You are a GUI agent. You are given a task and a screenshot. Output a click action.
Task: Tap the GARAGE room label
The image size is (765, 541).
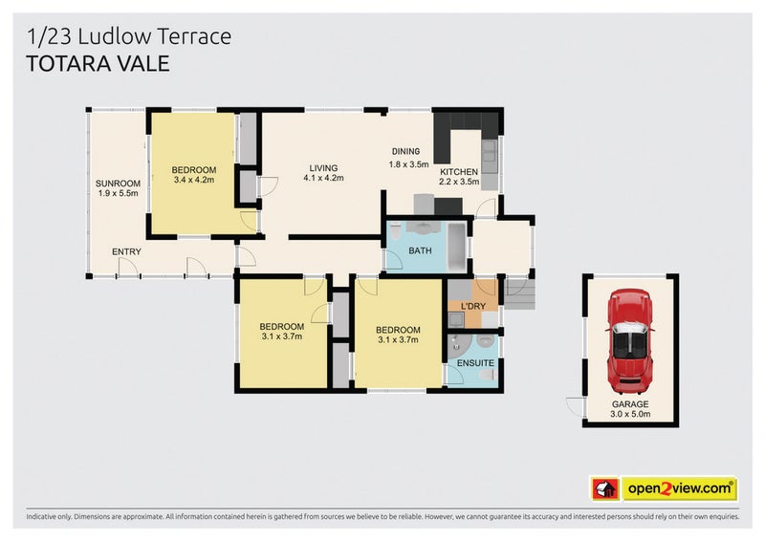630,404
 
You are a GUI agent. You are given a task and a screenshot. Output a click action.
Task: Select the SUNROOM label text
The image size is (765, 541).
118,184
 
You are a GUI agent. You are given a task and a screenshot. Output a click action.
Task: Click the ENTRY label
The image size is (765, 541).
126,252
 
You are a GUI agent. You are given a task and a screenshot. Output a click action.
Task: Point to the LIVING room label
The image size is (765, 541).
323,167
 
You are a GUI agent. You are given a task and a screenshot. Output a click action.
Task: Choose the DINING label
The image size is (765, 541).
405,152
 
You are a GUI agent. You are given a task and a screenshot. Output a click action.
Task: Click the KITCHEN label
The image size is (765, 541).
458,172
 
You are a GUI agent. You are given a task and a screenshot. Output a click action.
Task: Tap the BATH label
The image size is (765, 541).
420,251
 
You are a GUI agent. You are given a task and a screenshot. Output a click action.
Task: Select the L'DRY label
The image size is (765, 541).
473,306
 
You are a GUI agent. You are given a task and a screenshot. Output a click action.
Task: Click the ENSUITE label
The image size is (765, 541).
475,363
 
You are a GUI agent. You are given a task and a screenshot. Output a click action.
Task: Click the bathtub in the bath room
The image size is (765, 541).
456,247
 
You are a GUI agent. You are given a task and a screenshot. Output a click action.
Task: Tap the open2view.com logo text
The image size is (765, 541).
680,489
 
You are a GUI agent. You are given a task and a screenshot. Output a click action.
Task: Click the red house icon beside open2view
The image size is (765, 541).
603,489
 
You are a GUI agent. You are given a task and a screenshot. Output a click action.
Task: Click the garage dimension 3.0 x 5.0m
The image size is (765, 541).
630,415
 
